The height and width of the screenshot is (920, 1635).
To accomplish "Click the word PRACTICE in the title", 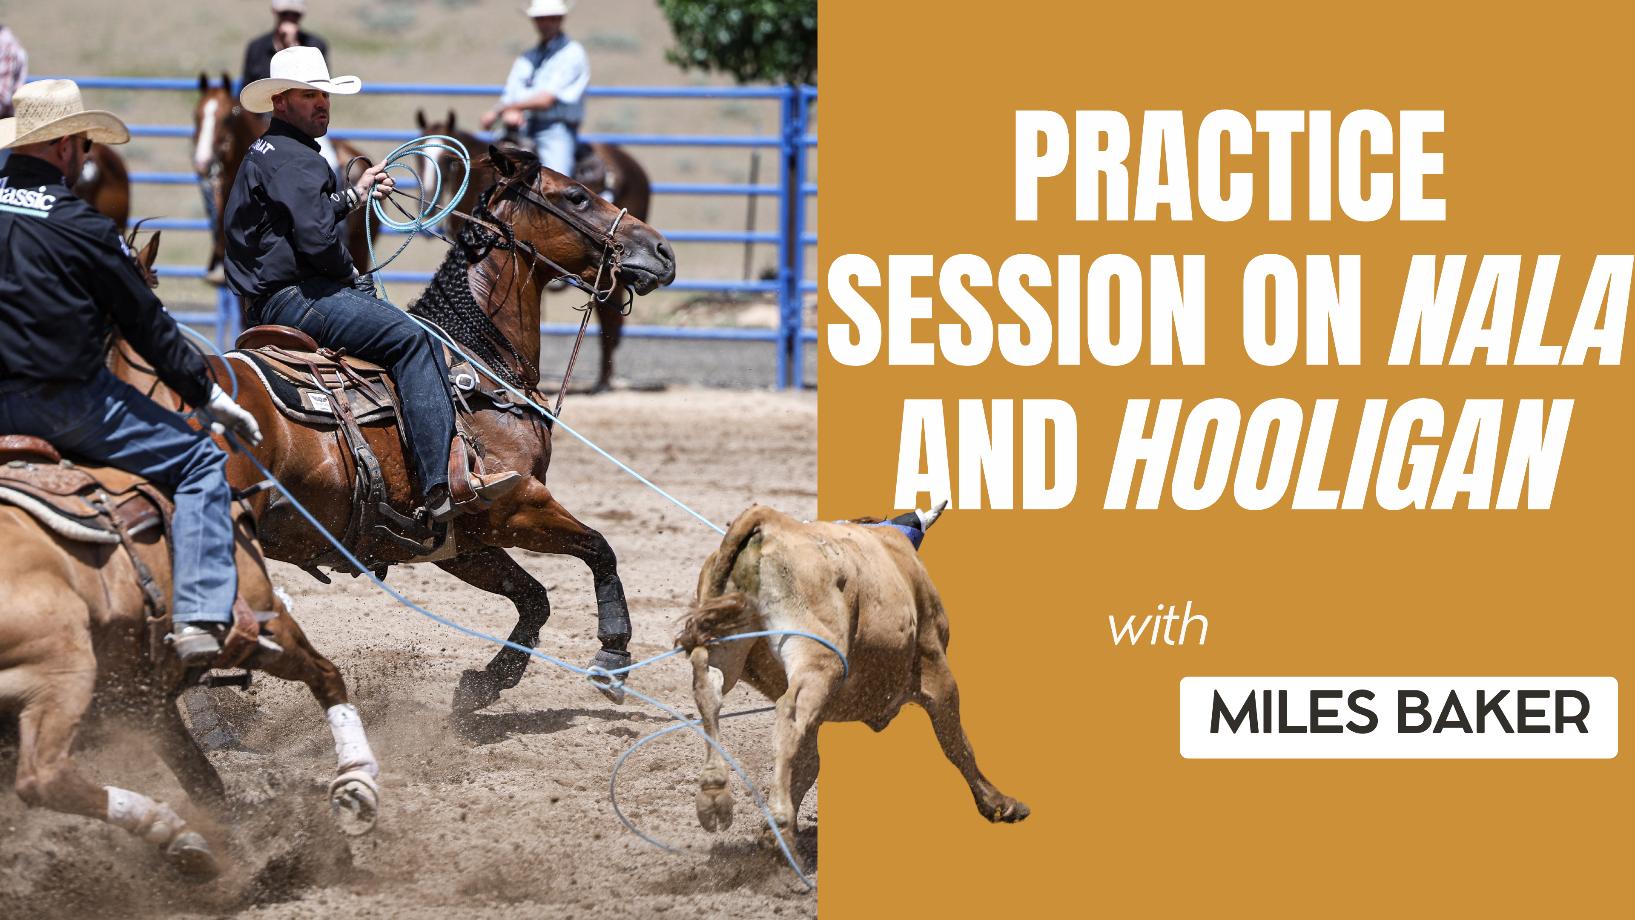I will (x=1229, y=167).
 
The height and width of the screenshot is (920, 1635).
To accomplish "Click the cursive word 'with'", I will (x=1158, y=625).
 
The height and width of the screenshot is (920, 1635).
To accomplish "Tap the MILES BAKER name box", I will (x=1398, y=717).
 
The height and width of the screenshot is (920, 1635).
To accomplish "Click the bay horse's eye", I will (x=578, y=198).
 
